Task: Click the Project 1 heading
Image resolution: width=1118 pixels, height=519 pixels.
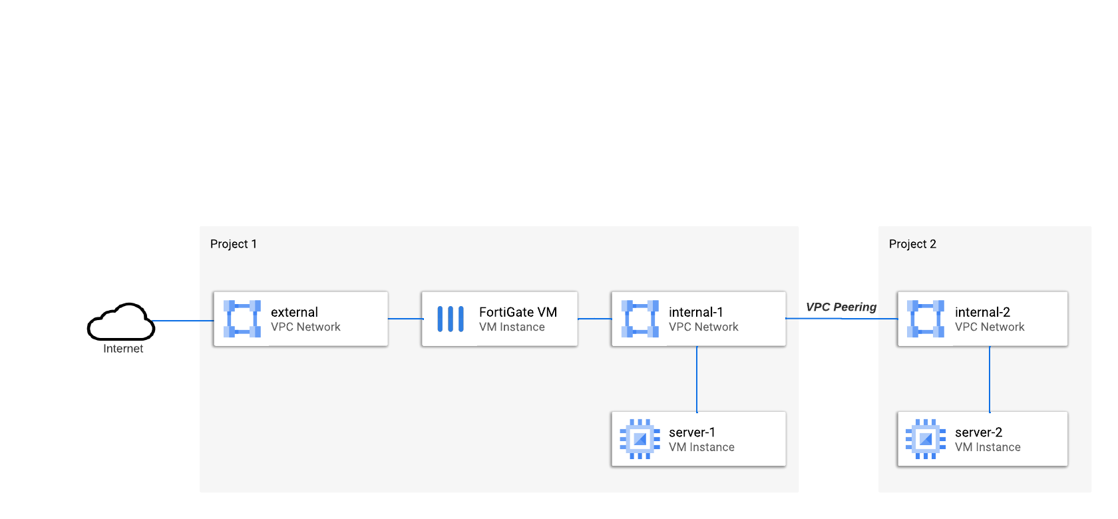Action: pyautogui.click(x=233, y=244)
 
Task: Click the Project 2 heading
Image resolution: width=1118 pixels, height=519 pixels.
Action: pyautogui.click(x=912, y=244)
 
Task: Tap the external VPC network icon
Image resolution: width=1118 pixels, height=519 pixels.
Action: pyautogui.click(x=242, y=319)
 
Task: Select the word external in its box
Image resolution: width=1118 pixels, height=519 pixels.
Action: pyautogui.click(x=294, y=312)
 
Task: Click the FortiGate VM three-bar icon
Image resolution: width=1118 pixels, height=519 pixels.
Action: pyautogui.click(x=451, y=319)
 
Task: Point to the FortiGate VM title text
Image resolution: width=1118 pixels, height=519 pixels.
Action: pyautogui.click(x=518, y=312)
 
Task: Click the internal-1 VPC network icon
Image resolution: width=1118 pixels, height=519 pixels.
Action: pyautogui.click(x=640, y=319)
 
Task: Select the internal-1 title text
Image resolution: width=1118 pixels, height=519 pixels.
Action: pyautogui.click(x=695, y=312)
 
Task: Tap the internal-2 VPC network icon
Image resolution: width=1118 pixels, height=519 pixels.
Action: pyautogui.click(x=925, y=319)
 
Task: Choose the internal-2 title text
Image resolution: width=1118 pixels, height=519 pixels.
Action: pyautogui.click(x=982, y=312)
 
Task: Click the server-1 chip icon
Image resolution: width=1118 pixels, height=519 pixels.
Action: pyautogui.click(x=640, y=439)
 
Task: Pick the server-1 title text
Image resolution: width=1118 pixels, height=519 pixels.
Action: pyautogui.click(x=691, y=432)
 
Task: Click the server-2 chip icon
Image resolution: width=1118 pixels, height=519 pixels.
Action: pyautogui.click(x=925, y=439)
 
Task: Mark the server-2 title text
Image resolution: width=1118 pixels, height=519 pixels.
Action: pyautogui.click(x=978, y=432)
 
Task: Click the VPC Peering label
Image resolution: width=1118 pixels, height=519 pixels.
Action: pyautogui.click(x=841, y=307)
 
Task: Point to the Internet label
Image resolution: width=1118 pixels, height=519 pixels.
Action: pyautogui.click(x=123, y=349)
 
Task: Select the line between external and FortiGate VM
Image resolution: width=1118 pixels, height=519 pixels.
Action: pyautogui.click(x=405, y=319)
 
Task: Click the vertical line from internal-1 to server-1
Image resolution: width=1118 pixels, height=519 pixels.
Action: pyautogui.click(x=697, y=379)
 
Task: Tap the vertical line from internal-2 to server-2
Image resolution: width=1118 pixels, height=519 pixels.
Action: pyautogui.click(x=990, y=379)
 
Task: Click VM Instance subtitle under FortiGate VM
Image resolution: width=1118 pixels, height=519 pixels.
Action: pyautogui.click(x=512, y=327)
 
